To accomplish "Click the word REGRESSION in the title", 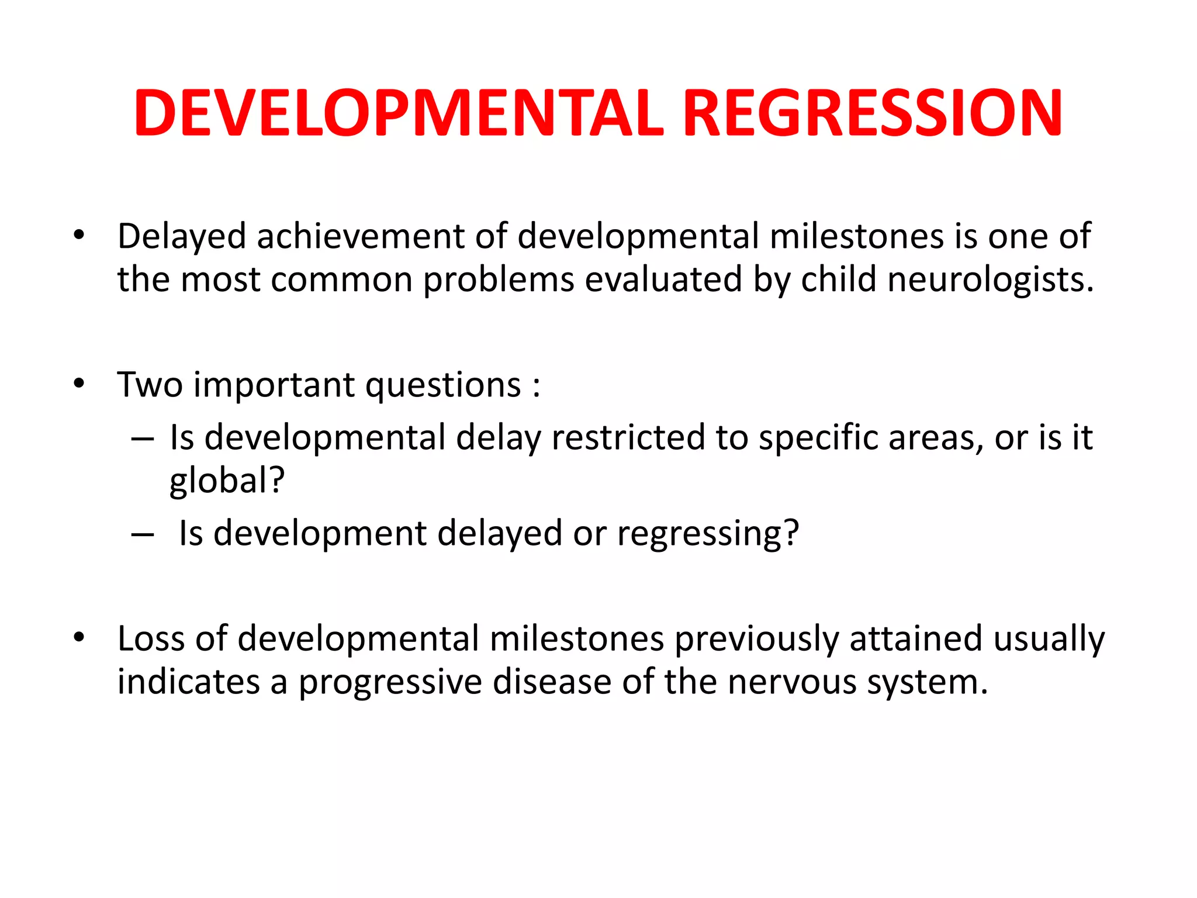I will tap(871, 113).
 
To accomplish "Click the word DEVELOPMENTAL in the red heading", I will tap(399, 113).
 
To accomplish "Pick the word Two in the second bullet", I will tap(150, 385).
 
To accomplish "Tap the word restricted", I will tap(628, 437).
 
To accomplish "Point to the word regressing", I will tap(707, 534).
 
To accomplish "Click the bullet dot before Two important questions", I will tap(79, 384).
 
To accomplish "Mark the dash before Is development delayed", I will tap(143, 534).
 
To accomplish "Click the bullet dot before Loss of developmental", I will tap(79, 637).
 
